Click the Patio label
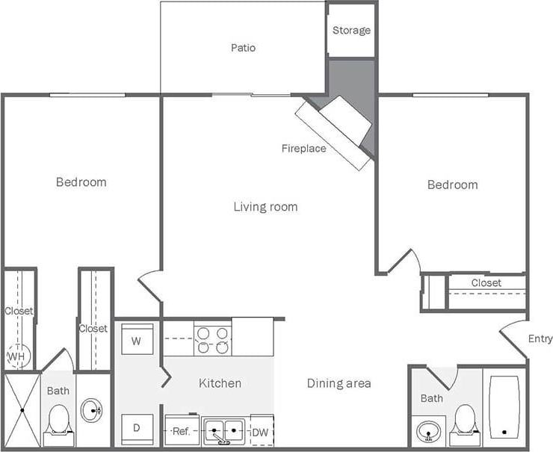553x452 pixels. [243, 48]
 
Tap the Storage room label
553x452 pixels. [351, 31]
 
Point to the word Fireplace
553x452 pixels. [303, 148]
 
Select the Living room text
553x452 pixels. [265, 207]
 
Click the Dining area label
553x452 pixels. [339, 383]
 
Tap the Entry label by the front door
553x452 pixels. [540, 338]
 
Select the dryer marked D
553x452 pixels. [137, 428]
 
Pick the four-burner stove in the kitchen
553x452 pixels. [212, 340]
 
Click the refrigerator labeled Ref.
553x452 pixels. [182, 431]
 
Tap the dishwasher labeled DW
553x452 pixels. [261, 431]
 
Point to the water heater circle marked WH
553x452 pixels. [17, 356]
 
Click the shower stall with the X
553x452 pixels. [21, 409]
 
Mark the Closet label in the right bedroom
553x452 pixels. [486, 282]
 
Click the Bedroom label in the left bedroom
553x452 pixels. [81, 182]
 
